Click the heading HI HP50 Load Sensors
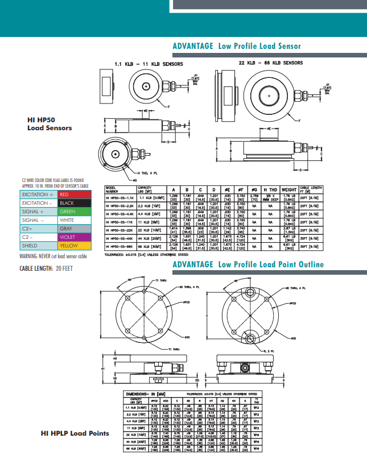pyautogui.click(x=50, y=124)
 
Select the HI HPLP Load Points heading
pyautogui.click(x=75, y=433)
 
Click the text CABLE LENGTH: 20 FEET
pyautogui.click(x=43, y=268)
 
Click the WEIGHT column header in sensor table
pyautogui.click(x=290, y=189)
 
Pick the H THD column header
pyautogui.click(x=270, y=189)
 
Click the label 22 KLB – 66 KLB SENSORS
pyautogui.click(x=271, y=63)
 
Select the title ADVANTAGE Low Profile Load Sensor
pyautogui.click(x=236, y=46)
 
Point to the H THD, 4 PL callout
pyautogui.click(x=148, y=172)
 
